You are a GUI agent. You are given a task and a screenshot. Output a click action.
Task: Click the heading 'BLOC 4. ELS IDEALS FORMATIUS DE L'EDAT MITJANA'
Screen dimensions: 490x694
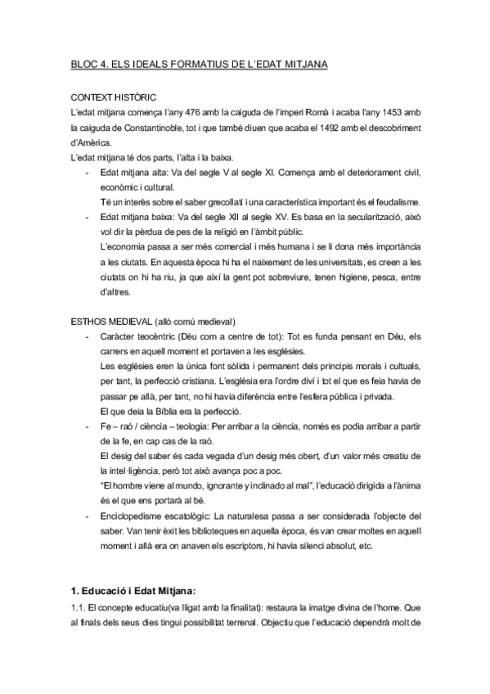tap(199, 64)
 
